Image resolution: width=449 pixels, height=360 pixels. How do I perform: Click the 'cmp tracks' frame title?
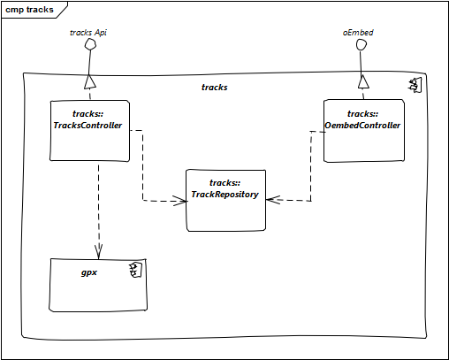(x=29, y=10)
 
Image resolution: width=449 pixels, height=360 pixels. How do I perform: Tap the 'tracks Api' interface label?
(x=88, y=33)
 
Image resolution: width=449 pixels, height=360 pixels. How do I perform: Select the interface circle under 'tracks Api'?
(x=90, y=44)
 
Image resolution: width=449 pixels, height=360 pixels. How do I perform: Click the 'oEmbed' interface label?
(x=358, y=33)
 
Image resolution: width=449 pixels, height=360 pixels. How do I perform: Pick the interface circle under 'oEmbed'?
(x=361, y=45)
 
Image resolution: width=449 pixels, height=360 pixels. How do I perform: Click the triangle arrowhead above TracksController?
(x=90, y=81)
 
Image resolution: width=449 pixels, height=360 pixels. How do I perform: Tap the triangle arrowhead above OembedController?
(x=363, y=81)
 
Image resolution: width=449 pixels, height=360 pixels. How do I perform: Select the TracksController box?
(x=89, y=131)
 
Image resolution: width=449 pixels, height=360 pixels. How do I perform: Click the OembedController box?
(x=364, y=131)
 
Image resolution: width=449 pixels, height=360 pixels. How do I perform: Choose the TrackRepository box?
(x=226, y=200)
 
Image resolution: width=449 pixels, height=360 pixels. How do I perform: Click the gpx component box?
(x=98, y=285)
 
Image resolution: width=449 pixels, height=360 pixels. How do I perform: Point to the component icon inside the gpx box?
(x=135, y=270)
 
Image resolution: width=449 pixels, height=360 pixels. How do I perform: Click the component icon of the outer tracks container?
(x=415, y=85)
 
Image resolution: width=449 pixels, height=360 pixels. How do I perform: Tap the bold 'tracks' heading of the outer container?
(x=215, y=88)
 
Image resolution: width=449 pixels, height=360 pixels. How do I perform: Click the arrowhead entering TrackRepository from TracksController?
(x=180, y=201)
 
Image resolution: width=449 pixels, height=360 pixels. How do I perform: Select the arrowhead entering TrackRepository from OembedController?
(x=273, y=200)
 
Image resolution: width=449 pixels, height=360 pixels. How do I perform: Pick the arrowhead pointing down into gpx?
(x=99, y=252)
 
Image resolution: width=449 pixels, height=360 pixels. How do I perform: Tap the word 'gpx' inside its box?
(x=89, y=272)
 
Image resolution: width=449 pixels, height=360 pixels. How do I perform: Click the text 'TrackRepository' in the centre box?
(x=224, y=195)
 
